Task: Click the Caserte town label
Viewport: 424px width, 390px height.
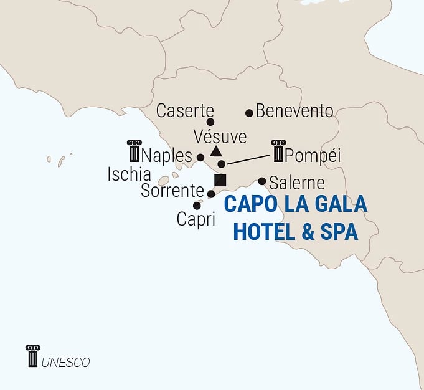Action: [x=185, y=111]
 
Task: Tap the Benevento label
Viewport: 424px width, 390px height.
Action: [x=294, y=112]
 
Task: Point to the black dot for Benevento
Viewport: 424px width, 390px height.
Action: [x=249, y=113]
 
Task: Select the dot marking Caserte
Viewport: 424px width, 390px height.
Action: [x=210, y=122]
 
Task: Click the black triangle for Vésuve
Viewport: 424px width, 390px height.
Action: [x=215, y=151]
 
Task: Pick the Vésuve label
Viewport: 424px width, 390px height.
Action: [x=220, y=136]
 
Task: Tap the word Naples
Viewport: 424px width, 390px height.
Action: [x=167, y=154]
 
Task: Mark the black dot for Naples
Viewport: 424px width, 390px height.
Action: [x=200, y=157]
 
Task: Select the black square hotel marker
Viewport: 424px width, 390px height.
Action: [x=219, y=181]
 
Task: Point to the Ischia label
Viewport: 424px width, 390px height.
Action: [x=129, y=174]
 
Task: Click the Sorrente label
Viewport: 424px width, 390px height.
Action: [x=172, y=191]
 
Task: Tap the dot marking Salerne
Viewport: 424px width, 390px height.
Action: [x=262, y=181]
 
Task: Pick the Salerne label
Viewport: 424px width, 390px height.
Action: [x=297, y=183]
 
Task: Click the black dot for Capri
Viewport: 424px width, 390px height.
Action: [x=197, y=206]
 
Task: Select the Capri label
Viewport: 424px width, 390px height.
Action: [x=196, y=219]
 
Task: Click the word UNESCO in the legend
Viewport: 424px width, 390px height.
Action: [x=66, y=361]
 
